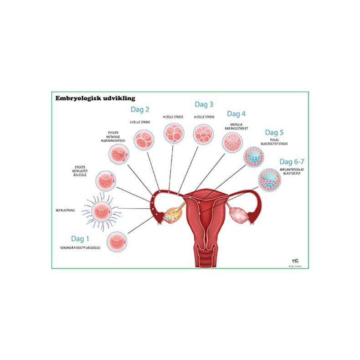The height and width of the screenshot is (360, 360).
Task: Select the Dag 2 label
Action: pos(140,109)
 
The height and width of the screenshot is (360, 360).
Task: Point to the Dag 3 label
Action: pos(204,104)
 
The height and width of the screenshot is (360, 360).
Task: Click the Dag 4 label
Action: pos(236,113)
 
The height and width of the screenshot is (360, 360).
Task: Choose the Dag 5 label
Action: pos(274,133)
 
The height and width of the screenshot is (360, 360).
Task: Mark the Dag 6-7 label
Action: pos(292,162)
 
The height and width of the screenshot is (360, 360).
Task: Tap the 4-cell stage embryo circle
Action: pos(174,132)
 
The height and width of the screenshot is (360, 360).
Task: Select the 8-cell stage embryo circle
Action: pos(204,134)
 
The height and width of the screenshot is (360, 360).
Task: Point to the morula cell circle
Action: pos(232,143)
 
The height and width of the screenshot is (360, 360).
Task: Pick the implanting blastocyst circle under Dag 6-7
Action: pos(269,179)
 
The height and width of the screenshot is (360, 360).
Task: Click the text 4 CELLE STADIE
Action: pos(173,117)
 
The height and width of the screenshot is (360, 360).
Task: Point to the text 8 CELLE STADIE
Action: pos(204,117)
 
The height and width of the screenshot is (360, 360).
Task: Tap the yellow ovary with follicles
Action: pos(172,214)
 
